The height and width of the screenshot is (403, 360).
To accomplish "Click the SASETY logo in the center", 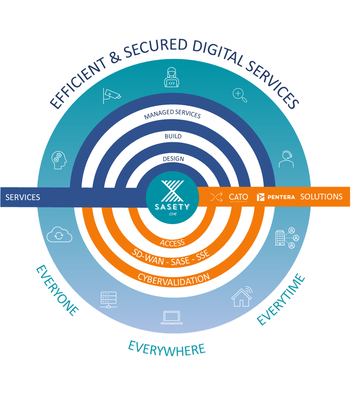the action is point(172,198).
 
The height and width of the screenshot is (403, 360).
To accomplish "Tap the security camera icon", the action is point(112,96).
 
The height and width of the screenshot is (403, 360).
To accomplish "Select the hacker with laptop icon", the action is point(171,77).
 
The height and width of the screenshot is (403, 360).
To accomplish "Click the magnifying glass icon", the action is point(240,95).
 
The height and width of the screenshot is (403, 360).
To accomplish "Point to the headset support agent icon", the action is point(286,159).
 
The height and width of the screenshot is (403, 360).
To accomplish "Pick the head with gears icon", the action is point(59,160).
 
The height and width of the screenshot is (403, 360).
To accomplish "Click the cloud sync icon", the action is point(59,234).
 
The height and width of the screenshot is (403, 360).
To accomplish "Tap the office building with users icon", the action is point(287,238).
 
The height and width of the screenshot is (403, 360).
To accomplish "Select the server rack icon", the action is point(109,300).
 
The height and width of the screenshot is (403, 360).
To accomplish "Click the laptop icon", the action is point(171,318).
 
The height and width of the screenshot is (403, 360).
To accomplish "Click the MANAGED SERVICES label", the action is point(172,114).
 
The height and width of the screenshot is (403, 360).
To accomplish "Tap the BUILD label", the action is point(173,136).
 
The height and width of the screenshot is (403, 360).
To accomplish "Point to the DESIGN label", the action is point(173,159).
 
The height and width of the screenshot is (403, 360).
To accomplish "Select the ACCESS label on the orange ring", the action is point(172,243).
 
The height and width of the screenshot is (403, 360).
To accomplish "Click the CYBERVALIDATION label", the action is point(174,280).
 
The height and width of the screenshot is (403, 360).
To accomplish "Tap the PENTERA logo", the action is point(276,197).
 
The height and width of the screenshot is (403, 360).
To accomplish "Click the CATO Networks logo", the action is point(238,197).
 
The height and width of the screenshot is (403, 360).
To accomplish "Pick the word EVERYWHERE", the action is point(167,349).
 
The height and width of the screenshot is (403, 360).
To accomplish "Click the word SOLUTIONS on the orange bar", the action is point(321,197).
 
